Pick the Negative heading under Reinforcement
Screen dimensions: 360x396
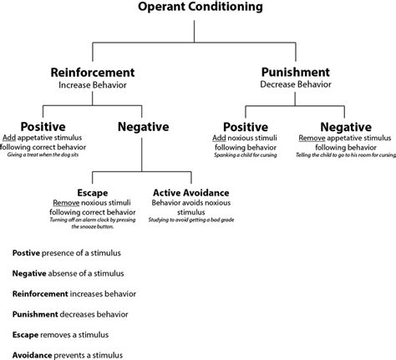coord(145,126)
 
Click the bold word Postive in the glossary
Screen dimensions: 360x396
coord(28,253)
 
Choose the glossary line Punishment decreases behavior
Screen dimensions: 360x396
coord(69,314)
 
